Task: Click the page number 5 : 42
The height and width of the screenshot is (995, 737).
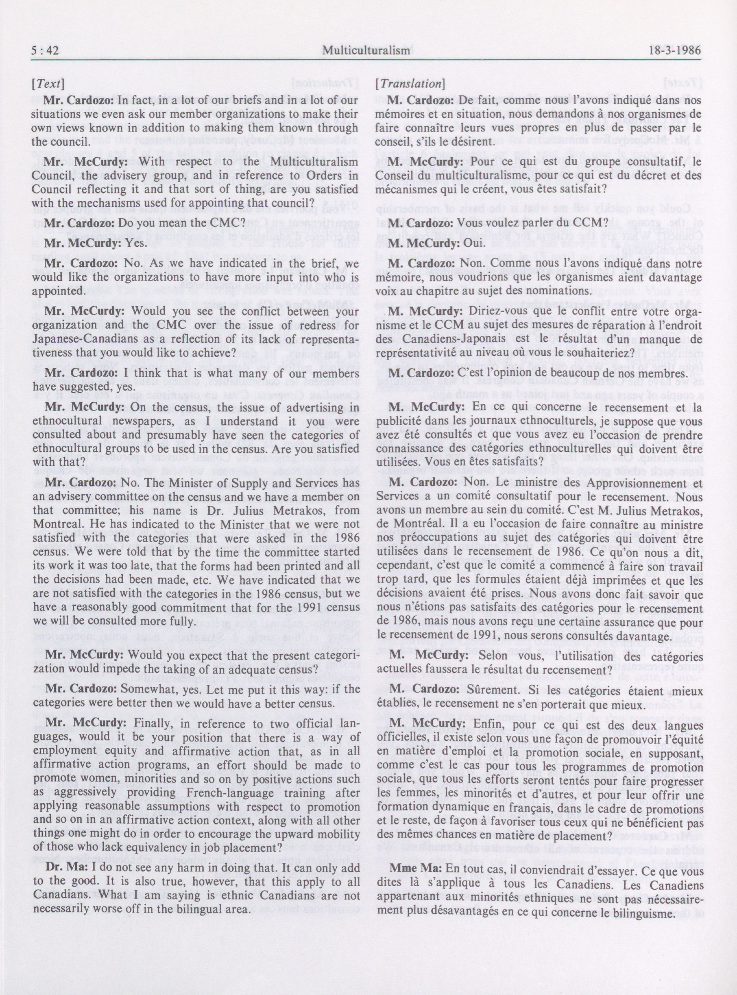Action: pos(46,51)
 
